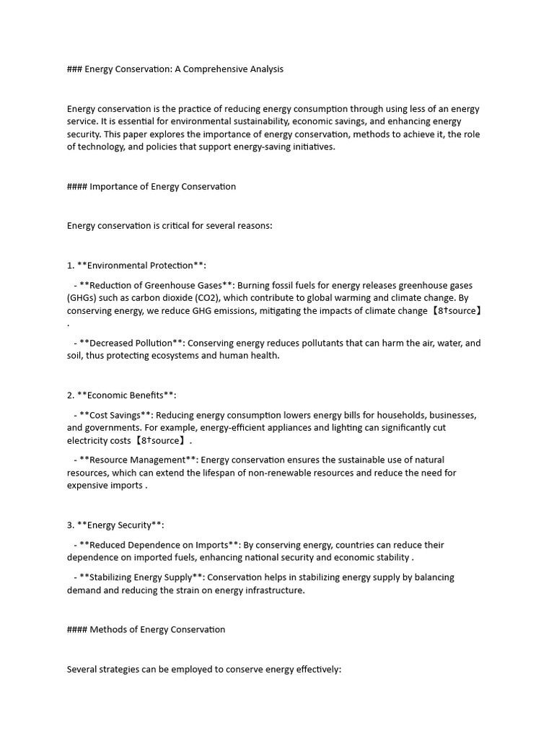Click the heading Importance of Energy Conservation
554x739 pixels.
pos(162,186)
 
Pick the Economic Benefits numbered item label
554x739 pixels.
pos(126,395)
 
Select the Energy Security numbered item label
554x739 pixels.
pos(120,525)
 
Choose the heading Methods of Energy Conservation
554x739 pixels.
pos(157,629)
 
